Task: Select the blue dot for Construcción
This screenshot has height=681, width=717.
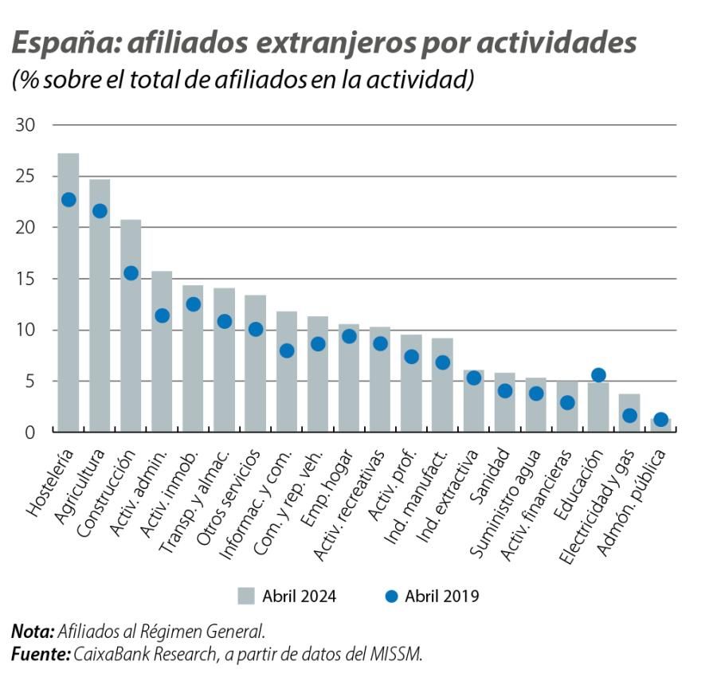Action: pyautogui.click(x=131, y=273)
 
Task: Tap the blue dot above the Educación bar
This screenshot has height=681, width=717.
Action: pyautogui.click(x=598, y=375)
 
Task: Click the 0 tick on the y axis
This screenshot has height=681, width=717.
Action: pyautogui.click(x=31, y=432)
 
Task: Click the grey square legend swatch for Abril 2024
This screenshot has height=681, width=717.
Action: pyautogui.click(x=246, y=596)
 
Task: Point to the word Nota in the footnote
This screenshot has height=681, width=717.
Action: pyautogui.click(x=31, y=632)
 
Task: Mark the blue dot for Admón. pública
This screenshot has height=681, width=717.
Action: pyautogui.click(x=660, y=420)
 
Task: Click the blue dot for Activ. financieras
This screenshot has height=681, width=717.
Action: pyautogui.click(x=567, y=403)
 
